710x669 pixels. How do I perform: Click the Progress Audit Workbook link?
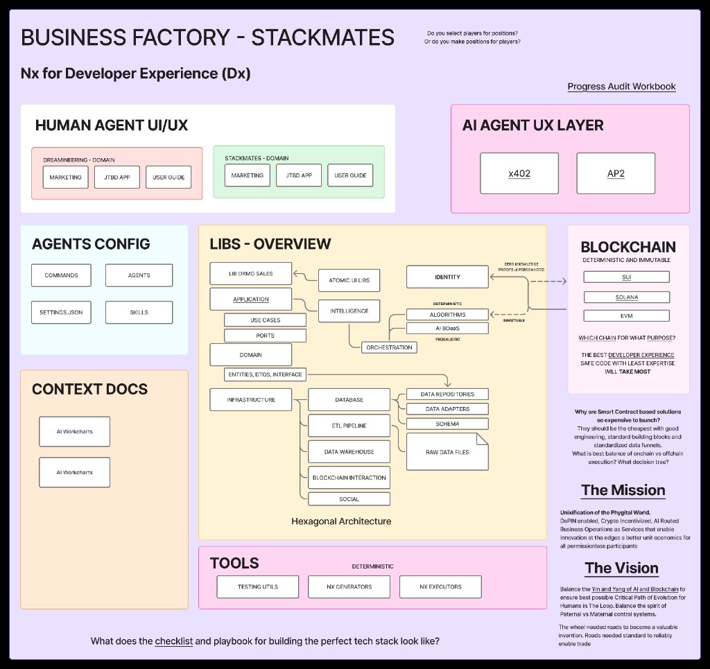click(x=621, y=87)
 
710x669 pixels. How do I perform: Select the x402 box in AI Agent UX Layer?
click(x=519, y=173)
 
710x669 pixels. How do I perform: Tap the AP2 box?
click(x=616, y=173)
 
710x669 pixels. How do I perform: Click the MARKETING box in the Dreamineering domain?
click(x=66, y=177)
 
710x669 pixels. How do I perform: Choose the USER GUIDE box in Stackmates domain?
click(x=350, y=175)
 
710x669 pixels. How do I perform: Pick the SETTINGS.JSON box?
click(x=61, y=313)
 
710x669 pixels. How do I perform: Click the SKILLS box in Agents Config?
click(x=139, y=313)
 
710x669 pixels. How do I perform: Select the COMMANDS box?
click(x=61, y=275)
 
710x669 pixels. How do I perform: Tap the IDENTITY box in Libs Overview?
click(x=447, y=277)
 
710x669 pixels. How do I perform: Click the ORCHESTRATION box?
click(x=389, y=347)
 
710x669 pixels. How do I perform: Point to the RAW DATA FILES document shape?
click(x=447, y=452)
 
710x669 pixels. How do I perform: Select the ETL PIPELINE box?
click(x=349, y=426)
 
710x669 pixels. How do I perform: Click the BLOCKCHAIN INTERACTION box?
click(x=349, y=478)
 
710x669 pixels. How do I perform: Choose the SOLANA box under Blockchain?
click(x=626, y=297)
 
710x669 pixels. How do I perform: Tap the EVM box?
click(x=626, y=315)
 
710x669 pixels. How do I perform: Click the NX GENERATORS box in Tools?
click(x=349, y=587)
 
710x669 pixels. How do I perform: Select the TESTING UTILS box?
click(x=258, y=587)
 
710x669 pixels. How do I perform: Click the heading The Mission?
click(x=623, y=491)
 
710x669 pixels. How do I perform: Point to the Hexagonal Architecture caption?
click(x=341, y=521)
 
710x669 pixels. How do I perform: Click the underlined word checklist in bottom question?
click(x=173, y=641)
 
